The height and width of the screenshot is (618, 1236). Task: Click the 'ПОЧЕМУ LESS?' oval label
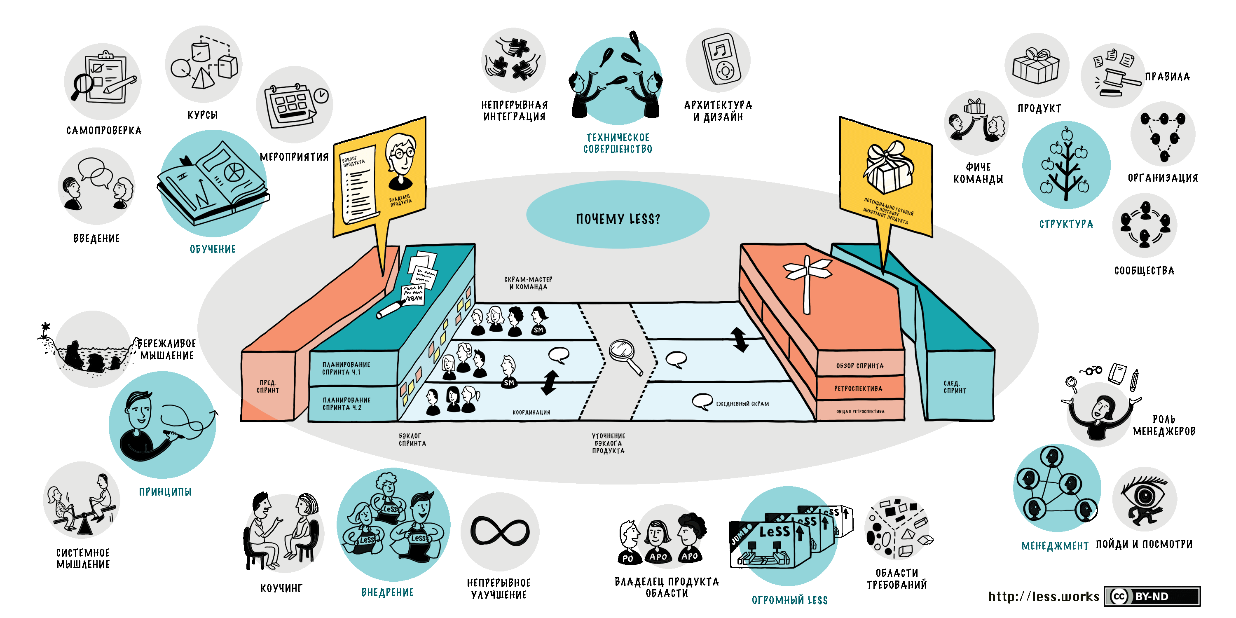tap(618, 219)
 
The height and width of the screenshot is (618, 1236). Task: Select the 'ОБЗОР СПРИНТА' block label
tap(860, 365)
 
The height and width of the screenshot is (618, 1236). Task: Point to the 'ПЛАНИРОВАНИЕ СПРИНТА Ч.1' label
tap(346, 368)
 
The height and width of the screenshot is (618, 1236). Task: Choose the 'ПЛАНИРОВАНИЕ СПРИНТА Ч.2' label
tap(346, 403)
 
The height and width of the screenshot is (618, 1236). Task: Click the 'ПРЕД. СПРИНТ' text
tap(268, 386)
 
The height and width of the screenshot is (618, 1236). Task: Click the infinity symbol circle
tap(500, 531)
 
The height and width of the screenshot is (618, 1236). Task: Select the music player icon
tap(718, 60)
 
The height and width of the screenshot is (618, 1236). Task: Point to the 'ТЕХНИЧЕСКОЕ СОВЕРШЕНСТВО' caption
tap(618, 143)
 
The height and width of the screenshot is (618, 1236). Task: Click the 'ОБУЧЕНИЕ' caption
tap(213, 249)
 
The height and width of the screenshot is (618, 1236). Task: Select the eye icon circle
tap(1145, 499)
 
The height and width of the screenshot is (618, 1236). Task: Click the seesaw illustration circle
tap(82, 501)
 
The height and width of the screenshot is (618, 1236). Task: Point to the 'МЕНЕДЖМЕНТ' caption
tap(1055, 546)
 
